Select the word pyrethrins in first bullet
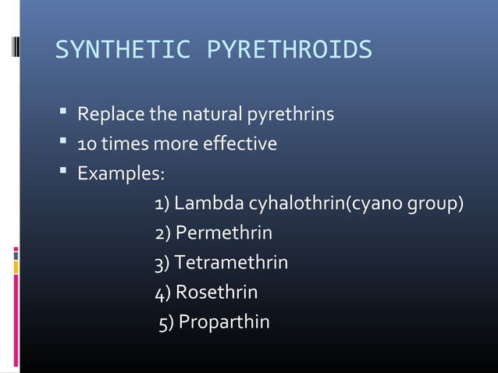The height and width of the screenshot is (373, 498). click(x=290, y=115)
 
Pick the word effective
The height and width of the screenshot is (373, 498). click(x=237, y=144)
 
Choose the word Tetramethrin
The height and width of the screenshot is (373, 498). click(x=231, y=262)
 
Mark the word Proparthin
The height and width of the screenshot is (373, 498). click(x=224, y=321)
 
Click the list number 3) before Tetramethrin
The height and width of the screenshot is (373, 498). click(x=162, y=263)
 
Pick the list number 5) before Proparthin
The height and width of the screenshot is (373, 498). click(x=166, y=322)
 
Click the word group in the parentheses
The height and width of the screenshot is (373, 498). click(x=434, y=204)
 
